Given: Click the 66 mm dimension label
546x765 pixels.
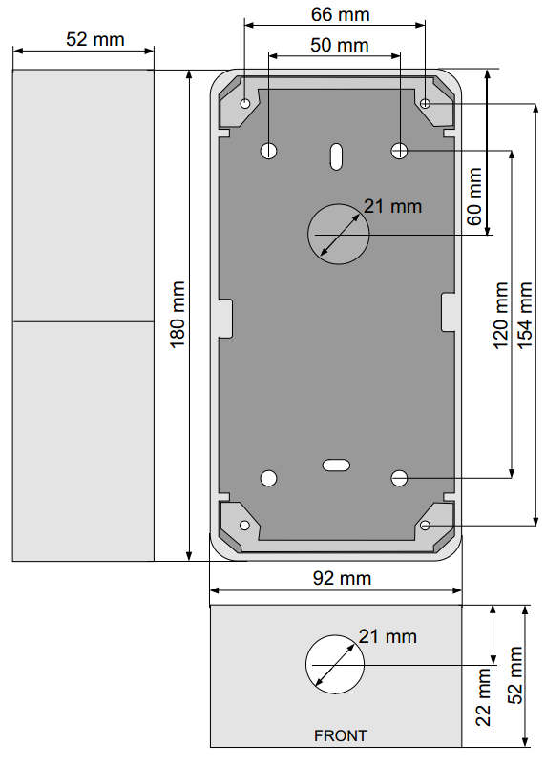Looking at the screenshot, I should click(340, 14).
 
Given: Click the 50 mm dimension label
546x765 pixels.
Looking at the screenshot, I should click(340, 45).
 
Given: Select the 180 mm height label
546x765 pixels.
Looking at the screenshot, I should click(178, 315).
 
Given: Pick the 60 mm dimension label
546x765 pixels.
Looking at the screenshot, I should click(473, 196).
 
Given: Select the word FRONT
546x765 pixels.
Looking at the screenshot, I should click(340, 735).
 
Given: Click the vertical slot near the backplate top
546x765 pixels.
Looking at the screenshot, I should click(336, 155).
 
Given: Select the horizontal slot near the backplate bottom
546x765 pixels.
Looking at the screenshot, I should click(336, 465).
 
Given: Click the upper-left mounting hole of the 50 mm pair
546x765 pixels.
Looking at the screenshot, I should click(269, 150).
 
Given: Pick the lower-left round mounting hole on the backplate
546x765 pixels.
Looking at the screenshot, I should click(269, 478).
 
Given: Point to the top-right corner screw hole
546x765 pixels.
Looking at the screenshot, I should click(426, 103).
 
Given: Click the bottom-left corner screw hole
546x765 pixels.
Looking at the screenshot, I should click(245, 526).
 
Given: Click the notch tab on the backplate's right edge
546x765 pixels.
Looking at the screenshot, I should click(449, 312).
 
